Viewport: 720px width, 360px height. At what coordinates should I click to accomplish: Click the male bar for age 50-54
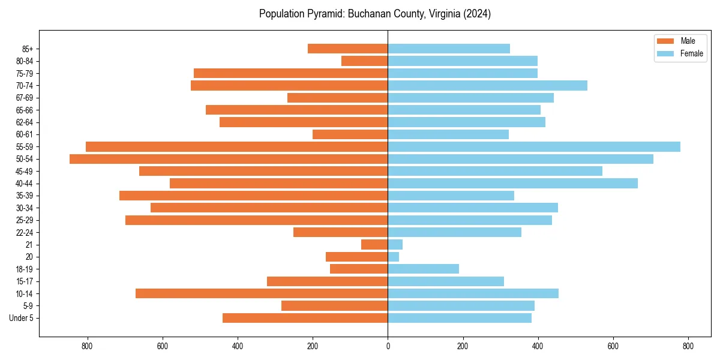[x=229, y=159]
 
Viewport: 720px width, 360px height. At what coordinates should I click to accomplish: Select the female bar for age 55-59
[x=534, y=147]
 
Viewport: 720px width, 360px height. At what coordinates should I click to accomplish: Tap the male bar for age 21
[x=374, y=245]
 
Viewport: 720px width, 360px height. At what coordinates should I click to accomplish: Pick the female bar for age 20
[x=394, y=257]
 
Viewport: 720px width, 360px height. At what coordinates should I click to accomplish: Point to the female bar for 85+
[x=449, y=49]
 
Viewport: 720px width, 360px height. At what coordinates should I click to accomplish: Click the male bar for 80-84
[x=365, y=61]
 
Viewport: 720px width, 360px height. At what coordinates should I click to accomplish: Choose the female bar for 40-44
[x=513, y=184]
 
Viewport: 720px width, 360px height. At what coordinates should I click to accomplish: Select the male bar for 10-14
[x=262, y=293]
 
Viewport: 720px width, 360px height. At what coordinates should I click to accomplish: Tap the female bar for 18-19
[x=424, y=269]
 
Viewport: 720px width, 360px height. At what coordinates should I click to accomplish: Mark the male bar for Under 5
[x=305, y=318]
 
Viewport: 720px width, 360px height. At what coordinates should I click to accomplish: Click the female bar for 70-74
[x=488, y=86]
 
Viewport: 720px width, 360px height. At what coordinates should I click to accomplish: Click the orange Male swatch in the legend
[x=665, y=41]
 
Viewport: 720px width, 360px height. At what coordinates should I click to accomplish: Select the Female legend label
[x=692, y=53]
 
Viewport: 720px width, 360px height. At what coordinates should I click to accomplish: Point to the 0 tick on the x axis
[x=388, y=346]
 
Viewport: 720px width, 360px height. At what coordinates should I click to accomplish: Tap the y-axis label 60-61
[x=25, y=135]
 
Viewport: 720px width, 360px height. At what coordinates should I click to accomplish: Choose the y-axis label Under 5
[x=21, y=318]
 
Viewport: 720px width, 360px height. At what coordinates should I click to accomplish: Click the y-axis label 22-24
[x=25, y=233]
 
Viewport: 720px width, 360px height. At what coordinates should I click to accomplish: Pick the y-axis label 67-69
[x=25, y=98]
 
